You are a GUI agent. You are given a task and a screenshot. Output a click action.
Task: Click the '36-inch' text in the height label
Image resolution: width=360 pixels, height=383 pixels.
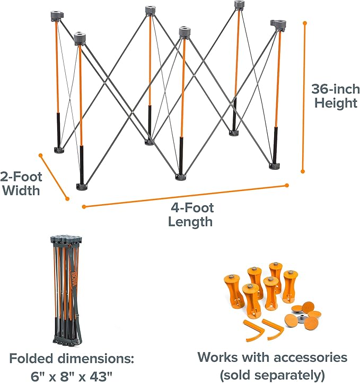[x=336, y=89]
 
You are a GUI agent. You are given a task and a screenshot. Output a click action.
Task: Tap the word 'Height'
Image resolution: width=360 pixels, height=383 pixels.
[x=336, y=103]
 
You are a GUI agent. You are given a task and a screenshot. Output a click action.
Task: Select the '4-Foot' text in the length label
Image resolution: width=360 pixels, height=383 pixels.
[x=192, y=208]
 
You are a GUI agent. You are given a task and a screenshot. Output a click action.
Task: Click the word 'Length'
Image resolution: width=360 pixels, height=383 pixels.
[x=190, y=222]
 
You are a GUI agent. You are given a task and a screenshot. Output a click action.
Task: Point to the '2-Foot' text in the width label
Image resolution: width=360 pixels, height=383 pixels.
[x=21, y=177]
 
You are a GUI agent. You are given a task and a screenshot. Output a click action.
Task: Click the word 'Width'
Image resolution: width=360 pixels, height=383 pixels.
[x=22, y=190]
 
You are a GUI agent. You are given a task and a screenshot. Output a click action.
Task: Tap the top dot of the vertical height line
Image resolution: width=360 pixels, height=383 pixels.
[x=305, y=23]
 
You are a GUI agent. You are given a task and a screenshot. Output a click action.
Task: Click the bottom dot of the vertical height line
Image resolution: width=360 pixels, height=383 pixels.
[x=303, y=171]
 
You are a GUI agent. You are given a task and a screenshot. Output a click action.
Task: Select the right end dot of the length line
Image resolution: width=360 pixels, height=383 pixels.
[x=287, y=185]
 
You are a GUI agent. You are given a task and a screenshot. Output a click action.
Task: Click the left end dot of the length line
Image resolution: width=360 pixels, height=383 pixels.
[x=84, y=207]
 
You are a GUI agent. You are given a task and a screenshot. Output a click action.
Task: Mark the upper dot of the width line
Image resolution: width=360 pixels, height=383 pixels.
[x=41, y=155]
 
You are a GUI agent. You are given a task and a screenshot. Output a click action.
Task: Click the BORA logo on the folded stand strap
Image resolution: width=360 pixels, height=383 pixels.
[x=74, y=280]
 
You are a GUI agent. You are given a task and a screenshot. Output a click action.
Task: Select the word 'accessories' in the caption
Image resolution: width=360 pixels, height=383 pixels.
[x=310, y=357]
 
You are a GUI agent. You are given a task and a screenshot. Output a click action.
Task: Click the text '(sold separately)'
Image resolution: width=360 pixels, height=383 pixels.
[x=272, y=375]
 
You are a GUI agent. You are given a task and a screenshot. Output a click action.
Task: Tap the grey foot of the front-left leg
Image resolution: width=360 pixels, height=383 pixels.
[x=82, y=187]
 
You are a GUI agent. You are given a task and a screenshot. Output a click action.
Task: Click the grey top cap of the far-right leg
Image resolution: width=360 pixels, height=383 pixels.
[x=278, y=25]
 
